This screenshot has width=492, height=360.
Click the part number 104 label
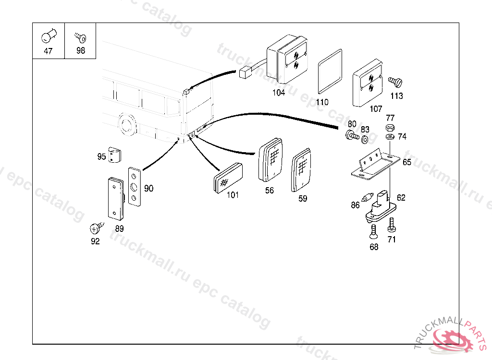coord(279,93)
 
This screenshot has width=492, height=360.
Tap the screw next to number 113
coord(395,81)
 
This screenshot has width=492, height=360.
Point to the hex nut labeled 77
coord(390,128)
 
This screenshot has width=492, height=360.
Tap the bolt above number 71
coord(392,224)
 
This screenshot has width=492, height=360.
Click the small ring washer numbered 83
coord(365,139)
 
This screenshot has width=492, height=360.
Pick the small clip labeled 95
coord(114,155)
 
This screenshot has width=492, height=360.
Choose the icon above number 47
coord(49,36)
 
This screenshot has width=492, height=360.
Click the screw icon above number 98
coord(80,37)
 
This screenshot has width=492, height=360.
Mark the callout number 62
coord(401,197)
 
